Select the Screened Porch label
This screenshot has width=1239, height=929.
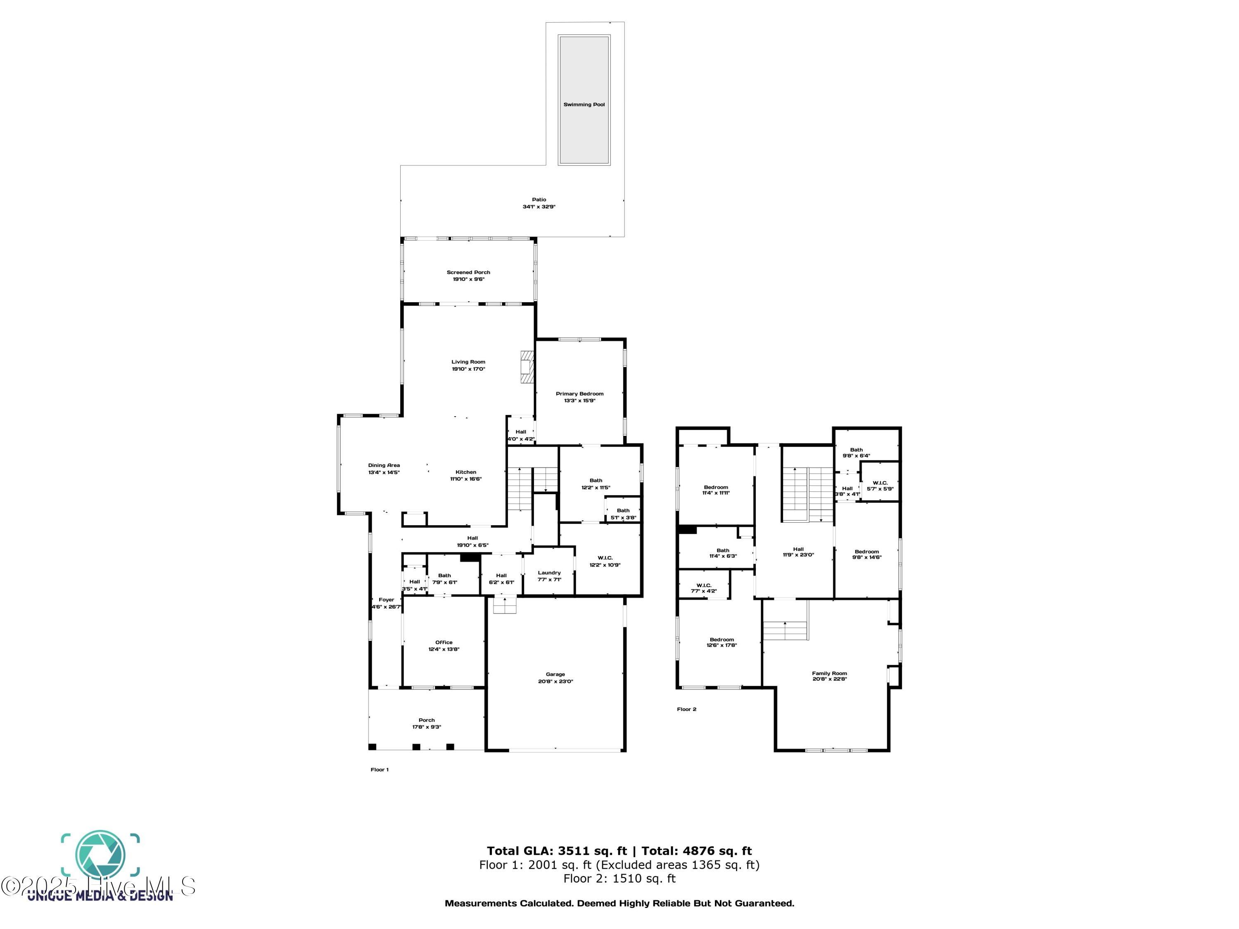468,273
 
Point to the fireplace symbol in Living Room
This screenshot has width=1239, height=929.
527,367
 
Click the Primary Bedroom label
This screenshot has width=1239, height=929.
579,393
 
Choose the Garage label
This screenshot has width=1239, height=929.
555,674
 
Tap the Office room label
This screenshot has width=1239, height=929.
444,642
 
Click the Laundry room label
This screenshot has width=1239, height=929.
549,573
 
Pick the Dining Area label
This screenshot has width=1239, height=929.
384,465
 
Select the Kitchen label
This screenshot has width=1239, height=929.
465,472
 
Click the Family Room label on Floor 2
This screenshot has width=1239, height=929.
829,674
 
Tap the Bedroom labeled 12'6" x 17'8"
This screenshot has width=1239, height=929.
722,640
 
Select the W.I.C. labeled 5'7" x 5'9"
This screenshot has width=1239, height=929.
880,483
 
